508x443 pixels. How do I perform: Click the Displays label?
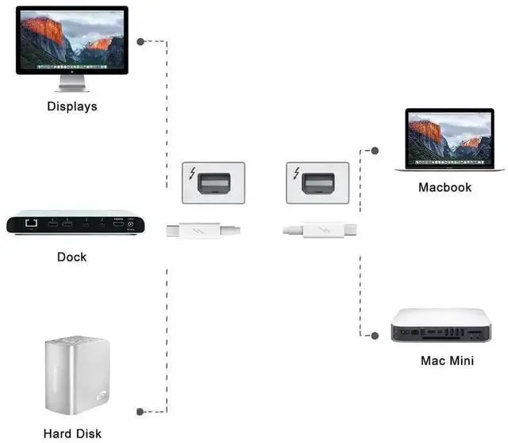(x=72, y=106)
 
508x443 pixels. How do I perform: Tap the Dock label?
(x=71, y=256)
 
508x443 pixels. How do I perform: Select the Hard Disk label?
(x=72, y=433)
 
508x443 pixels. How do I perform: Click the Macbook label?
(x=444, y=187)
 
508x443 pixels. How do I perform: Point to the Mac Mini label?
(x=447, y=360)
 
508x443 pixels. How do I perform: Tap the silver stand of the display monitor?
(x=71, y=83)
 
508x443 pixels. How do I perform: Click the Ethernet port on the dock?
(x=33, y=224)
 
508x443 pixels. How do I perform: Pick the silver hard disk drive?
(x=76, y=376)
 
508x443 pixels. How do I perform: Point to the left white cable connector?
(x=202, y=232)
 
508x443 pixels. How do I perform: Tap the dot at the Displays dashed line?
(x=140, y=41)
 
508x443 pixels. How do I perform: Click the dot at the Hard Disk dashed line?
(x=140, y=411)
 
